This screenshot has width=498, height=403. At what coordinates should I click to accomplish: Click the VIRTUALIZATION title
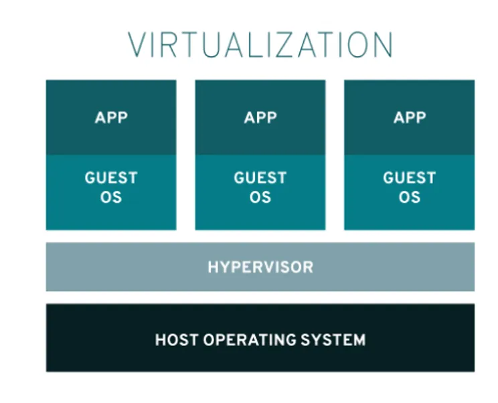tap(260, 44)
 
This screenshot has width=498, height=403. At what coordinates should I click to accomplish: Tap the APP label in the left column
tap(111, 118)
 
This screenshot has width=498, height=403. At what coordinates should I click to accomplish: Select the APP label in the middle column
tap(260, 118)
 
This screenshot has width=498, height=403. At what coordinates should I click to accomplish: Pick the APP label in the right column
tap(410, 118)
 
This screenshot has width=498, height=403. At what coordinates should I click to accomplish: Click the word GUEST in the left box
tap(111, 177)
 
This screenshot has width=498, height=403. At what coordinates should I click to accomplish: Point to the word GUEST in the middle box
tap(260, 177)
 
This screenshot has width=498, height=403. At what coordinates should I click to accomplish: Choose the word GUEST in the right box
tap(410, 177)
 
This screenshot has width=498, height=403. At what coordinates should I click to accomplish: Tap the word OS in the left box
tap(111, 197)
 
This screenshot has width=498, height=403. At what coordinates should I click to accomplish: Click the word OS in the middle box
tap(260, 197)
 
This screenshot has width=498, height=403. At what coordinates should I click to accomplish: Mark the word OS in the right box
tap(410, 197)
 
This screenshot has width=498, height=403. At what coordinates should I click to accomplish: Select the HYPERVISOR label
tap(260, 267)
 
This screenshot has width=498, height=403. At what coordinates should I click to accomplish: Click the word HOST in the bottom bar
tap(177, 340)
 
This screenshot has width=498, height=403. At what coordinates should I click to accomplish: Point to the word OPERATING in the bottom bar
tap(250, 340)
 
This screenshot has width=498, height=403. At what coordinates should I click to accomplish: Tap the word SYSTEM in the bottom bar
tap(333, 340)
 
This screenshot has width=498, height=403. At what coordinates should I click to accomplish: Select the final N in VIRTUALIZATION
tap(384, 44)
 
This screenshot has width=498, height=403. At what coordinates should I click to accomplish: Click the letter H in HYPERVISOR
tap(213, 267)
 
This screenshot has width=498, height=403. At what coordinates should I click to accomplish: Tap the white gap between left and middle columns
tap(186, 155)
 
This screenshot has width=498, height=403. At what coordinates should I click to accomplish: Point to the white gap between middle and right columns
tap(335, 155)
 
